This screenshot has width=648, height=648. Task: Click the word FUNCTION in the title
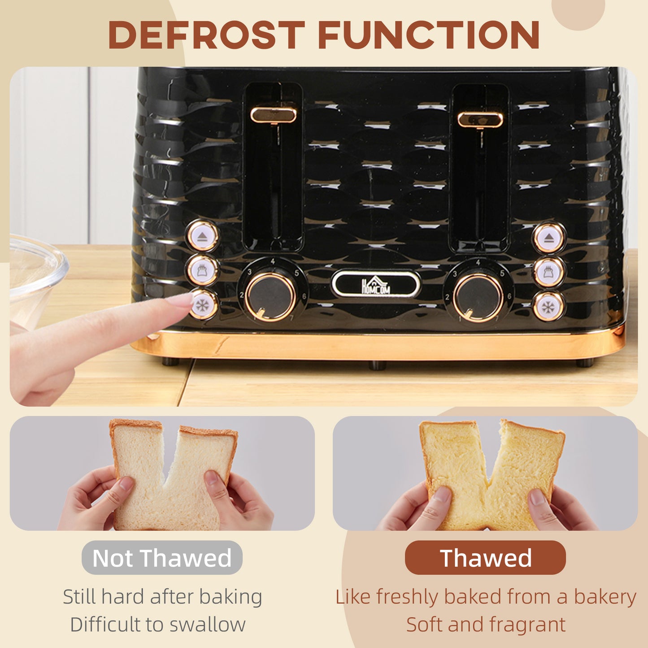tap(428, 35)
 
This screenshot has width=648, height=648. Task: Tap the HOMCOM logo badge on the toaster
tap(376, 284)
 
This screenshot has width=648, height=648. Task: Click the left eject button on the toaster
tap(202, 236)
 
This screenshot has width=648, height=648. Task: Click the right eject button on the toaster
tap(549, 238)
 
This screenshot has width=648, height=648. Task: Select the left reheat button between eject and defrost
tap(202, 270)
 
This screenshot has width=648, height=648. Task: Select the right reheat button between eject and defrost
tap(549, 272)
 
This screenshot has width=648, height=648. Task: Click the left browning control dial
tap(270, 296)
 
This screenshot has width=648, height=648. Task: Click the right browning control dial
tap(478, 297)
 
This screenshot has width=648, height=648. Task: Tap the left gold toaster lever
tap(273, 115)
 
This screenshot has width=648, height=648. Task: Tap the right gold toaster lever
tap(480, 119)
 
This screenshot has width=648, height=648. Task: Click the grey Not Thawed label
tap(162, 558)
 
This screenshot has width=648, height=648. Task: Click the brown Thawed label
tap(485, 558)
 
